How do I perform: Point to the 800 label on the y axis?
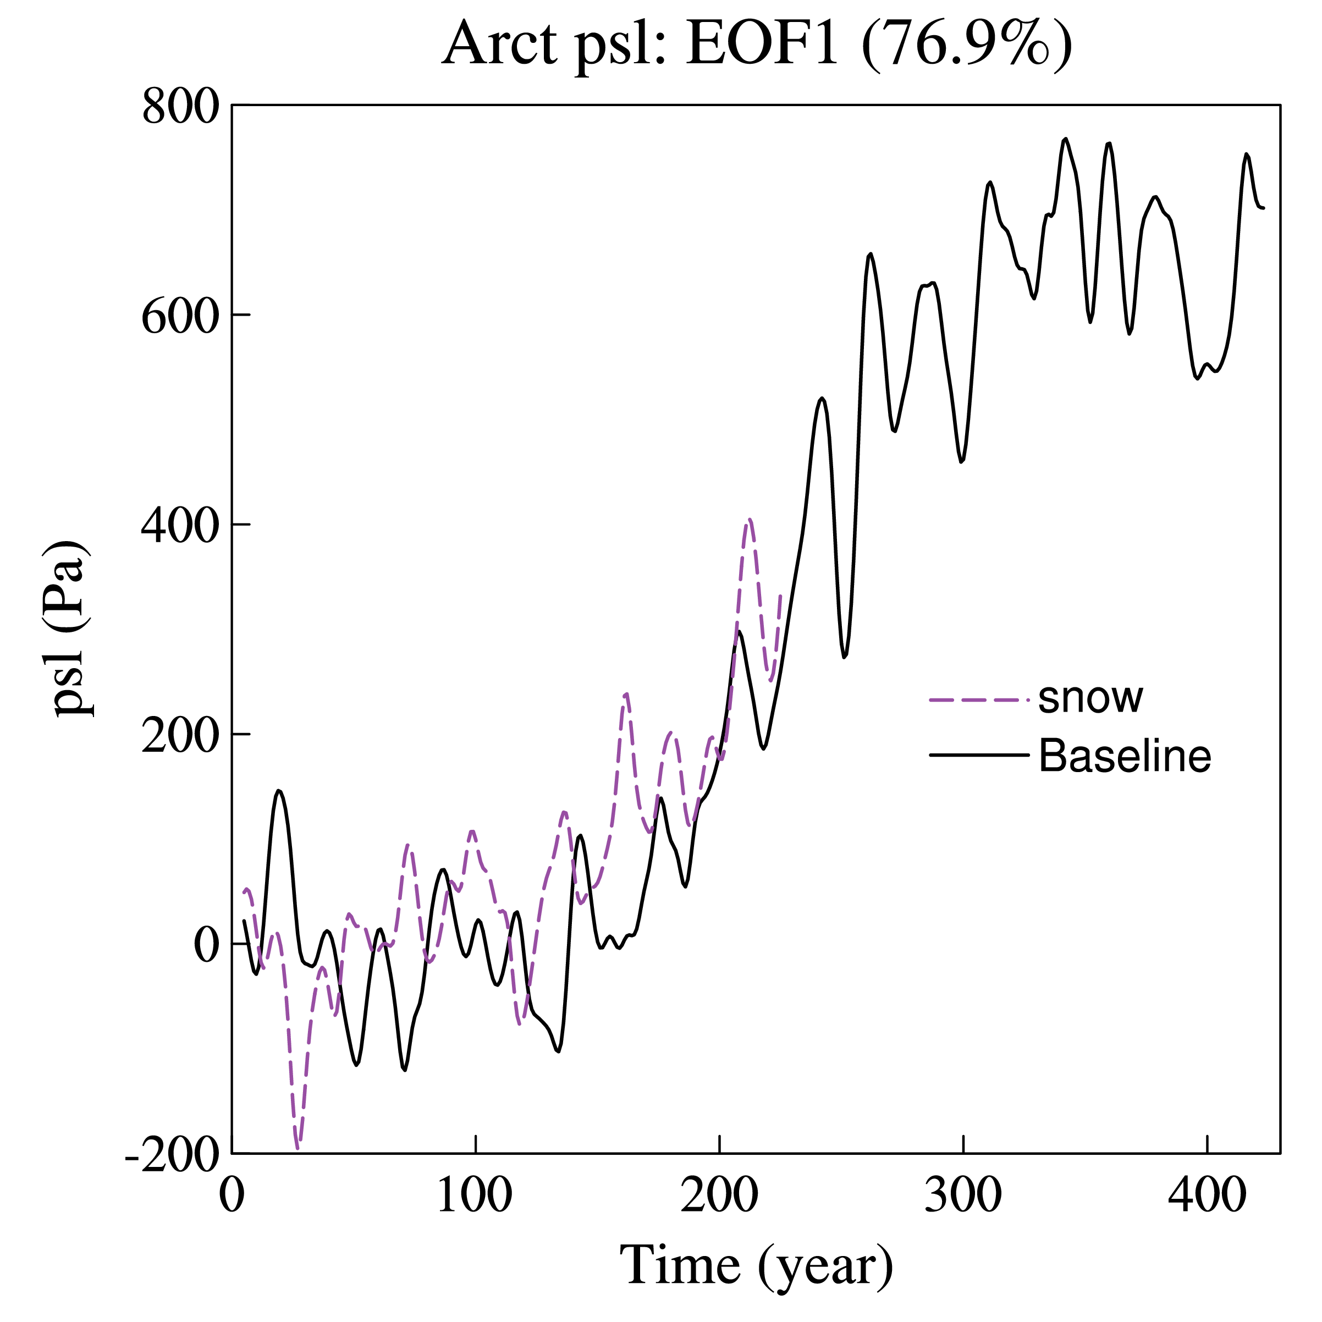tap(180, 107)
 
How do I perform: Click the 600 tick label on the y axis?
tap(180, 317)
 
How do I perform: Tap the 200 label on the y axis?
tap(180, 736)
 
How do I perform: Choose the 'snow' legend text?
tap(1090, 698)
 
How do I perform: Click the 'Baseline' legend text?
tap(1124, 756)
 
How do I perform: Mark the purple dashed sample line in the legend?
tap(978, 700)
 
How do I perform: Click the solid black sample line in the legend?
tap(978, 756)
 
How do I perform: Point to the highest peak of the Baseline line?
tap(1065, 139)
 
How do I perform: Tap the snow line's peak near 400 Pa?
tap(750, 519)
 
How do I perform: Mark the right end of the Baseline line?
tap(1263, 207)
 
